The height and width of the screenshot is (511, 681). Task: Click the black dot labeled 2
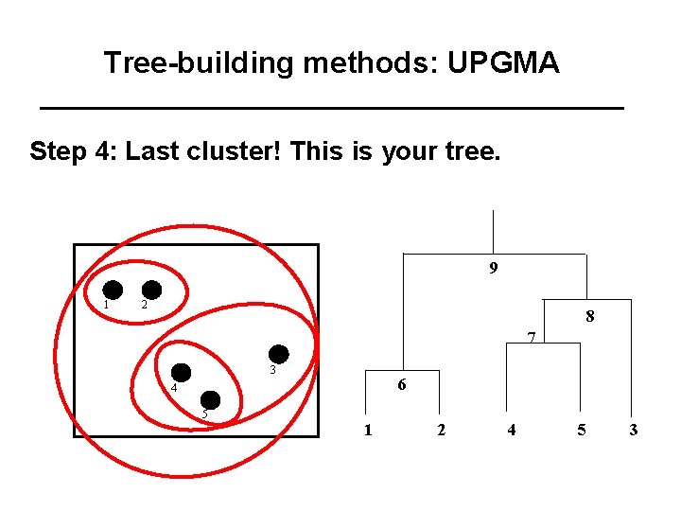(151, 290)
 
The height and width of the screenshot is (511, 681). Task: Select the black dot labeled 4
(181, 373)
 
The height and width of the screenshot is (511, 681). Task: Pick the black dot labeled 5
(210, 400)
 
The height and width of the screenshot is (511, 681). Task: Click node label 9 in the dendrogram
(494, 269)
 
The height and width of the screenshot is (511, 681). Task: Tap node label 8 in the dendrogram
(589, 317)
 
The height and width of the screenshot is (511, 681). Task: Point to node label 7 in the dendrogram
(532, 337)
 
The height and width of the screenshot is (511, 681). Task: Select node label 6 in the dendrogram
(402, 385)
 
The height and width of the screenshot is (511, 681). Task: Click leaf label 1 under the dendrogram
(367, 431)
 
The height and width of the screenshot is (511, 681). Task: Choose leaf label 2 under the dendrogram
(441, 431)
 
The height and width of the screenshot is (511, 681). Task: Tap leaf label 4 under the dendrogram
(512, 431)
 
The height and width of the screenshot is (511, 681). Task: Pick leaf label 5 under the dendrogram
(582, 431)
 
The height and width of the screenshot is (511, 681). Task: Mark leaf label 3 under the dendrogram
(633, 431)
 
